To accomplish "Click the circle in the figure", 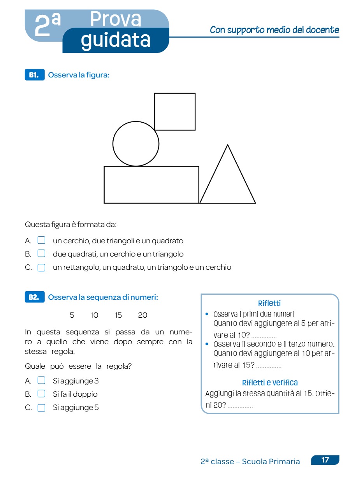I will click(x=136, y=144).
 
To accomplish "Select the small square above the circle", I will click(x=175, y=112).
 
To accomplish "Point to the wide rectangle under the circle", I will click(x=151, y=185).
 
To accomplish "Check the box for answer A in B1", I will click(x=41, y=241).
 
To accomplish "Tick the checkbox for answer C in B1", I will click(x=41, y=267).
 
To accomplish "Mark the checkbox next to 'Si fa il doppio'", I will click(x=41, y=394).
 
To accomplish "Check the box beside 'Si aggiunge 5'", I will click(x=41, y=408).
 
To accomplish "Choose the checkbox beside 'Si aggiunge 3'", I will click(x=41, y=380).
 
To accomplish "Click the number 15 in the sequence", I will click(x=118, y=315).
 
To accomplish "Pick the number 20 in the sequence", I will click(x=143, y=315).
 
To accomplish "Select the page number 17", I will click(x=325, y=460).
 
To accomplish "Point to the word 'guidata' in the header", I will click(x=116, y=40).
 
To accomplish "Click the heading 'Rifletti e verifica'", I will click(x=270, y=383).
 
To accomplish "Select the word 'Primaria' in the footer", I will click(x=287, y=462).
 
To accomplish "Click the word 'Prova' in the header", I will click(x=116, y=19).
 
